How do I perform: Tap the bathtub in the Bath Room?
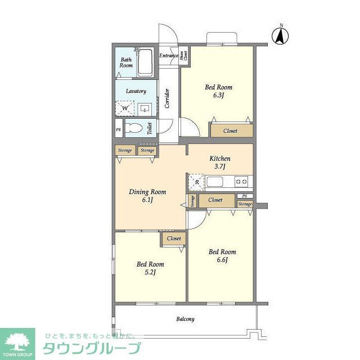[x=145, y=63]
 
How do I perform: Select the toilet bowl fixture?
[x=135, y=128]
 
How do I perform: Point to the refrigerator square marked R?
[x=196, y=181]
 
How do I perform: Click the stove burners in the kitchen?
[x=241, y=181]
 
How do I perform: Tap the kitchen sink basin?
[x=215, y=181]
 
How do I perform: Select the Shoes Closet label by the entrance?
[x=183, y=55]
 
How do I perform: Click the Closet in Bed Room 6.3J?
[x=231, y=130]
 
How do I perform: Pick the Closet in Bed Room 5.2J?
[x=174, y=238]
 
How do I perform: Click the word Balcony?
[x=185, y=319]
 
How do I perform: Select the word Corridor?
[x=167, y=98]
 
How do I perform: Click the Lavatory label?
[x=136, y=91]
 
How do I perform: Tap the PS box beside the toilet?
[x=118, y=129]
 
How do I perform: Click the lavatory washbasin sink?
[x=145, y=109]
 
